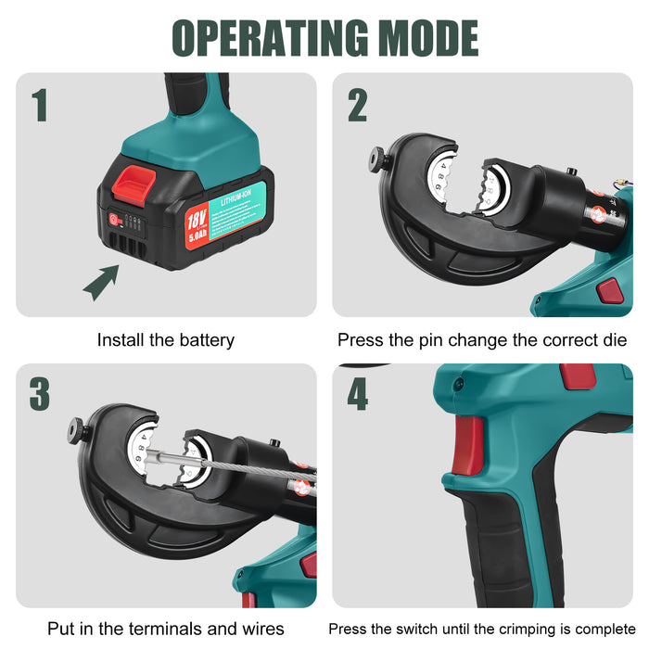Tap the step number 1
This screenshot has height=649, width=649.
click(x=40, y=106)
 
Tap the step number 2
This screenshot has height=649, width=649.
click(x=358, y=106)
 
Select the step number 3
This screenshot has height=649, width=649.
click(x=40, y=394)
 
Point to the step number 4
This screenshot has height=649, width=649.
click(x=358, y=394)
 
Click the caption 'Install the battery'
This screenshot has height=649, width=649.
click(x=166, y=340)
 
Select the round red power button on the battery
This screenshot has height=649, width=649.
click(x=116, y=221)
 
